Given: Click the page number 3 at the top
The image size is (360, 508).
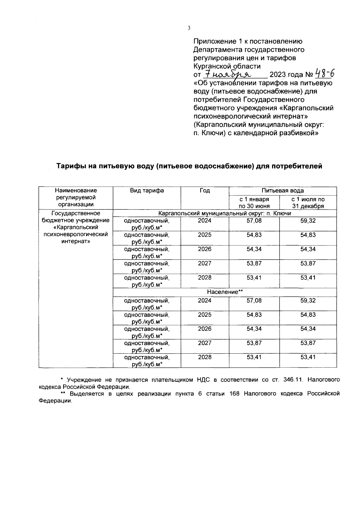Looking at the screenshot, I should tap(189, 28).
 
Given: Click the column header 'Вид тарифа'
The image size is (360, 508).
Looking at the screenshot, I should tap(147, 191).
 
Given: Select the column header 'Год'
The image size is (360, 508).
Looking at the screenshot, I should tap(205, 191).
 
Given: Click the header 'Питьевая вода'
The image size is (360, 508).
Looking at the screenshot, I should tap(282, 191).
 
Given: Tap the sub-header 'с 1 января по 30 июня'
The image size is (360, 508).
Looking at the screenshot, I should tap(254, 203).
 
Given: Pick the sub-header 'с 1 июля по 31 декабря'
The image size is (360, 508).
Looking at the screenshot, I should tap(308, 203).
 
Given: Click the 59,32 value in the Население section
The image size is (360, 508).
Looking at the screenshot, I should tap(308, 301).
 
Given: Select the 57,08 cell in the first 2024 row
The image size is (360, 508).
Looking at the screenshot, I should tap(254, 221).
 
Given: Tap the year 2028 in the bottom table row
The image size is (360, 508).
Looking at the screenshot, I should tap(205, 357).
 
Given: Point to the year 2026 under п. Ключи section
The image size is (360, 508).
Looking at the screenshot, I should tap(205, 249).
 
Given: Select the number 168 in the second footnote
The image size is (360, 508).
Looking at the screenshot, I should tap(234, 394).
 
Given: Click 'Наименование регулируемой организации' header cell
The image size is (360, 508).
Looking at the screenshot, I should tap(76, 198).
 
